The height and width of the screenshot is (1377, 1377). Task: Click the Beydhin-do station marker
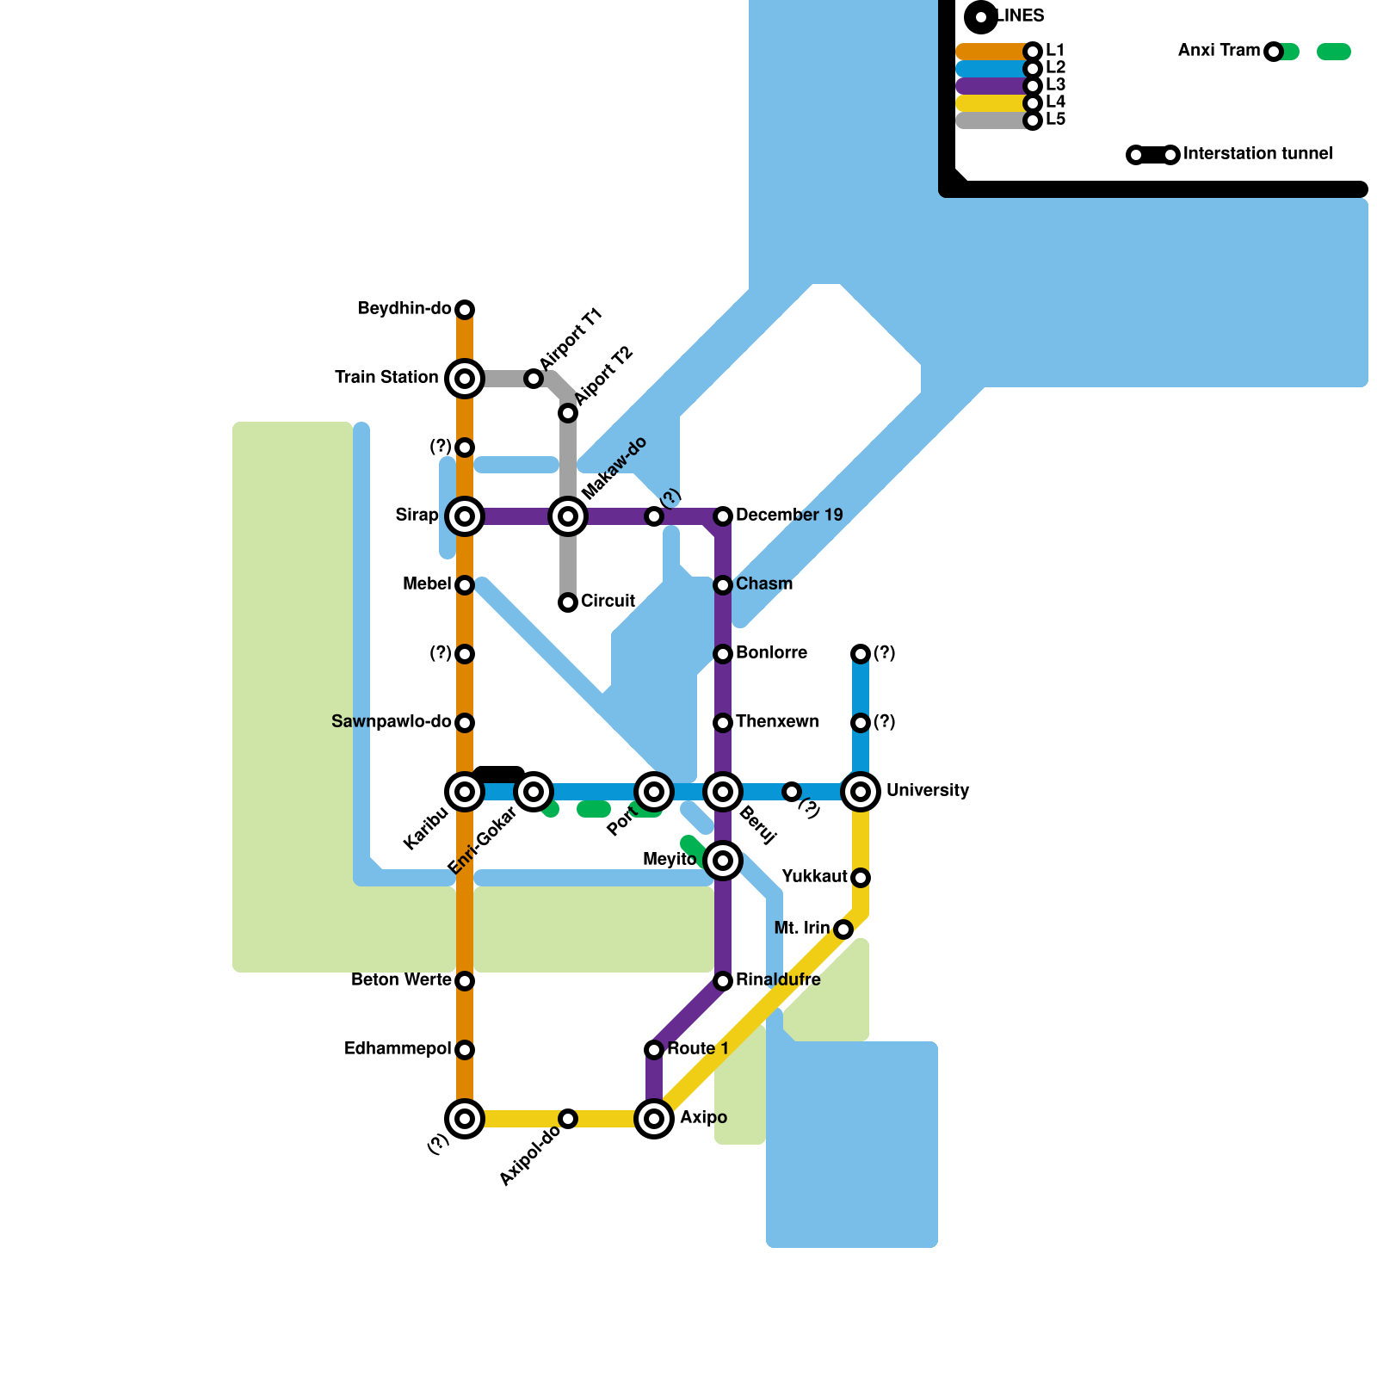[465, 310]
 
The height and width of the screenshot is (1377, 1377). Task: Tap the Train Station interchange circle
[465, 379]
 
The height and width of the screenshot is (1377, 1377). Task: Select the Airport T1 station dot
[534, 379]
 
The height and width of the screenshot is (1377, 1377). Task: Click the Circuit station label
[608, 601]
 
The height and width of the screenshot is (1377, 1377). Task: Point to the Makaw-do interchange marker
[568, 516]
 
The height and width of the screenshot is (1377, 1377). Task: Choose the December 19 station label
[789, 515]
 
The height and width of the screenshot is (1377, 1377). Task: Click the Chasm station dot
[723, 585]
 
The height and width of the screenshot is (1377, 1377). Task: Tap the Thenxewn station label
[777, 721]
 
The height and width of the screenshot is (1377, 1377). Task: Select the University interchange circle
[861, 792]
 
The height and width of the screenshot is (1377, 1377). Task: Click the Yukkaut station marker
[861, 878]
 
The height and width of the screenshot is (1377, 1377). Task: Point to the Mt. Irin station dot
[843, 929]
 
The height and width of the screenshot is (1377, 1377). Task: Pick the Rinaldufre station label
[778, 979]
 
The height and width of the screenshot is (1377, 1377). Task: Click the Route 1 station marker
[654, 1050]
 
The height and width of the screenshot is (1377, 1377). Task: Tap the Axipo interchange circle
[654, 1119]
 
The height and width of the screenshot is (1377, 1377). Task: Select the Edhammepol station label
[398, 1048]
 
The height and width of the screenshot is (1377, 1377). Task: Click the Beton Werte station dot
[465, 981]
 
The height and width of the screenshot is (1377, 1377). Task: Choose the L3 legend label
[1055, 84]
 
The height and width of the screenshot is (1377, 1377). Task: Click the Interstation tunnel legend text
[1257, 153]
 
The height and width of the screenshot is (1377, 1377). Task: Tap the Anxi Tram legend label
[1219, 50]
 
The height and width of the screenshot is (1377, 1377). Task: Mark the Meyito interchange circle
[723, 861]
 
